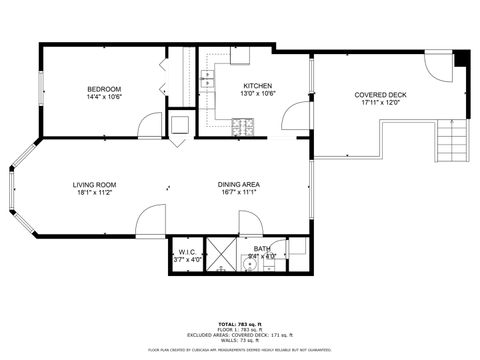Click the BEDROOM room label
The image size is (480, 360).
[x=104, y=89]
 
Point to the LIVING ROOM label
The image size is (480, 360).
[x=94, y=184]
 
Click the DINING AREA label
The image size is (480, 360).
[x=239, y=184]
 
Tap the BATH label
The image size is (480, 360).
[x=261, y=248]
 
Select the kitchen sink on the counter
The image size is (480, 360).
[x=207, y=77]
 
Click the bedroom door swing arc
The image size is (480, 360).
[x=149, y=124]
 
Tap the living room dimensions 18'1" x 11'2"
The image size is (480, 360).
[x=94, y=193]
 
